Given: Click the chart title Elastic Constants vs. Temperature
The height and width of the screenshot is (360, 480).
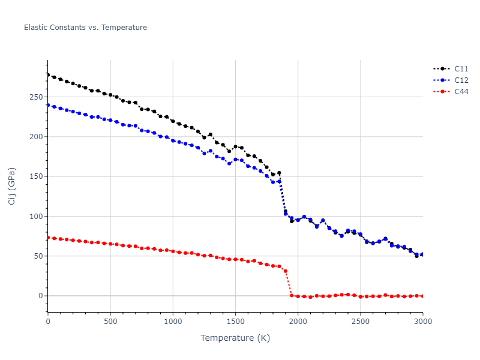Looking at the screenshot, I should click(x=85, y=28).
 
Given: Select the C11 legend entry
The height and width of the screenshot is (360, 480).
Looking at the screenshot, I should click(x=461, y=69).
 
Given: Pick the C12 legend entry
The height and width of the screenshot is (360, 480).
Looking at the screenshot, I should click(x=461, y=80).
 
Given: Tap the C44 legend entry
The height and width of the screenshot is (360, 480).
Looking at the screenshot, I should click(x=461, y=92).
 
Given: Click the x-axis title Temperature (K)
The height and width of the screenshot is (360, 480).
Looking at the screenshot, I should click(x=235, y=338).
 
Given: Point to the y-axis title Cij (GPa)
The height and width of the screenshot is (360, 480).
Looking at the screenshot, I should click(x=12, y=186).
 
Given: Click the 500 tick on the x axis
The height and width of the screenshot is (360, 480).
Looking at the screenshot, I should click(x=110, y=322).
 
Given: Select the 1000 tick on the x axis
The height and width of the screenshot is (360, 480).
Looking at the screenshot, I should click(x=173, y=322).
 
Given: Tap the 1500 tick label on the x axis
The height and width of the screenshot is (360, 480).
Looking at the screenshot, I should click(x=235, y=322).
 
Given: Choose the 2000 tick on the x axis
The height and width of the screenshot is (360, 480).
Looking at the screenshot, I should click(x=298, y=322).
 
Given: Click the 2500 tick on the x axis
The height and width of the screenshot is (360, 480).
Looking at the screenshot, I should click(x=361, y=322).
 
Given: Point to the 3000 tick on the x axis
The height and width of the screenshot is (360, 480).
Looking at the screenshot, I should click(x=423, y=322).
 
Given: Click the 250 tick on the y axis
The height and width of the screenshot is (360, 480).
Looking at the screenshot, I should click(x=36, y=97).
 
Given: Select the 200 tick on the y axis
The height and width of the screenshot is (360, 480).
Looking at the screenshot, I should click(x=36, y=137).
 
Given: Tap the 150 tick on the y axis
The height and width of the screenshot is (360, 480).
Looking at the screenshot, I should click(x=36, y=176).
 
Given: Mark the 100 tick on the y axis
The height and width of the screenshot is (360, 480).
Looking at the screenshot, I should click(x=36, y=216).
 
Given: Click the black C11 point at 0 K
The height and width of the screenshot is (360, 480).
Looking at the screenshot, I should click(x=48, y=75).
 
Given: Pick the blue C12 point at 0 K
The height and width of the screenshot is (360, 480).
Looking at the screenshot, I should click(x=48, y=105).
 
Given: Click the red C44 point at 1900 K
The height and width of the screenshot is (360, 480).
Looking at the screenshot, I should click(x=286, y=271).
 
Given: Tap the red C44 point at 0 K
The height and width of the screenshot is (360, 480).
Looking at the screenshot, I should click(x=48, y=238).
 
